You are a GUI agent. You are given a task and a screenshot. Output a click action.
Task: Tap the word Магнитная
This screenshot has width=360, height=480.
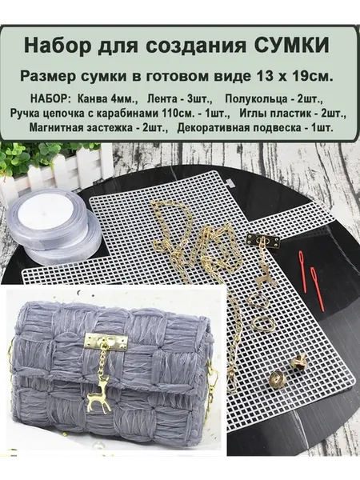(56, 128)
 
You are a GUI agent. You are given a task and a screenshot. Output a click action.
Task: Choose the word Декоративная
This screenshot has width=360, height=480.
(209, 128)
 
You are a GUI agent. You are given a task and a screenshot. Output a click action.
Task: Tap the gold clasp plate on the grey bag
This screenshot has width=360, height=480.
(106, 342)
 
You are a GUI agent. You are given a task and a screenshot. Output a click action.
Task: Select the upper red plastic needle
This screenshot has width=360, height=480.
(303, 265)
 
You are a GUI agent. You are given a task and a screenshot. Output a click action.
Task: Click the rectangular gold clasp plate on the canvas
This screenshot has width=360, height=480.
(264, 241)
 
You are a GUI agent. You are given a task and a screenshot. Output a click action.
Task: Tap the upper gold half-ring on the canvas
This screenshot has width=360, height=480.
(254, 302)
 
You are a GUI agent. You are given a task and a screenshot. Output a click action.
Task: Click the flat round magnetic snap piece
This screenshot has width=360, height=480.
(278, 381)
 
